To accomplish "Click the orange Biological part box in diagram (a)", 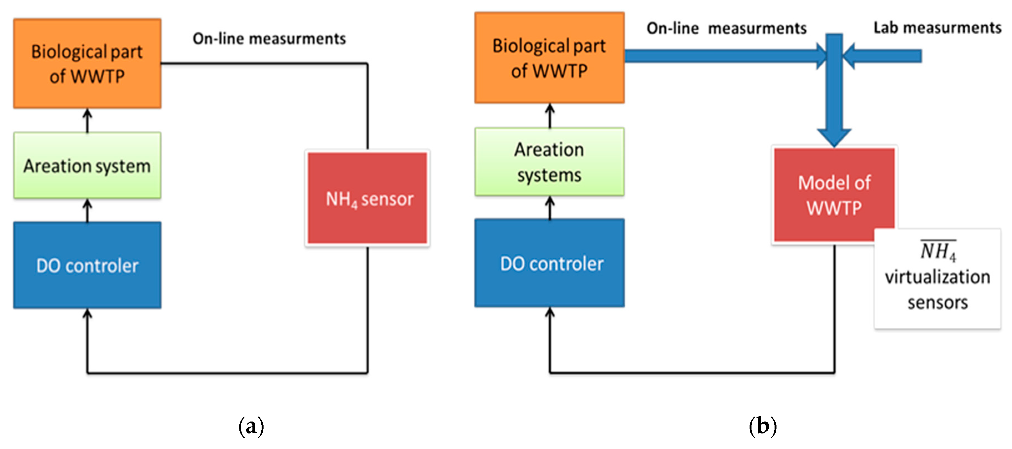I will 87,63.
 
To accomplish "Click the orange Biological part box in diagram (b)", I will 549,58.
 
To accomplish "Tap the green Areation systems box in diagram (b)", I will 549,162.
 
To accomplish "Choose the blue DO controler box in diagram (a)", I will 87,265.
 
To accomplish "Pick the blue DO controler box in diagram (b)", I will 549,263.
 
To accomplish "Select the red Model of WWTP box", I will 834,195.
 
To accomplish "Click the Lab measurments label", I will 937,28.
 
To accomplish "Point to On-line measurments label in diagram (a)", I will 269,39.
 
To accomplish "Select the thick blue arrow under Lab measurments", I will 884,56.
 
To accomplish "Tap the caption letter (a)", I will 251,426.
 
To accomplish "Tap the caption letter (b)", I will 763,426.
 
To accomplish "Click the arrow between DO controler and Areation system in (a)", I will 87,210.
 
